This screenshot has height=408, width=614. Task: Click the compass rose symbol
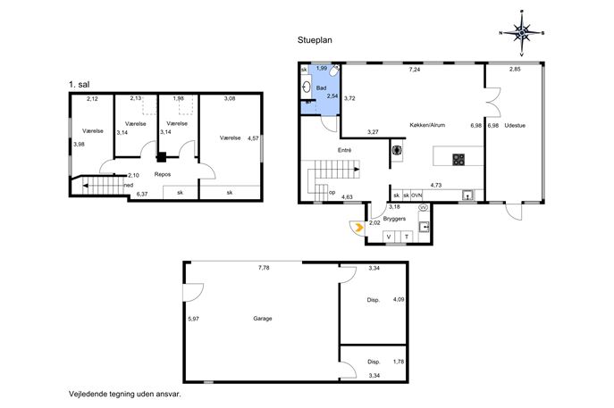click(522, 33)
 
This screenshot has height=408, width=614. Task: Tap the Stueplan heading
click(315, 40)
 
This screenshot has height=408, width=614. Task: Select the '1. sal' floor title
click(80, 84)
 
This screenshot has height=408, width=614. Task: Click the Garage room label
click(263, 319)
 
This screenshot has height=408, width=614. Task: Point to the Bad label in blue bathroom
click(321, 88)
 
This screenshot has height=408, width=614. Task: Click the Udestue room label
click(515, 126)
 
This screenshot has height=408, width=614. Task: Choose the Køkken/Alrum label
click(427, 125)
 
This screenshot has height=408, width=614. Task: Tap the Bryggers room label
click(394, 219)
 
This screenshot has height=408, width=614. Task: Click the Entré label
click(345, 150)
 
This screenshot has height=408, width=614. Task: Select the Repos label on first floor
click(163, 174)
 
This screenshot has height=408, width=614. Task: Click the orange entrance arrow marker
click(358, 227)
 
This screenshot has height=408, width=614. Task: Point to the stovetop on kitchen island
click(458, 160)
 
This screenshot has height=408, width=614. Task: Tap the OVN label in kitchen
click(416, 196)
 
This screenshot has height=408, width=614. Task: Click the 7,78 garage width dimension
click(264, 268)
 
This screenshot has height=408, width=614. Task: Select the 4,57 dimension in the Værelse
click(253, 138)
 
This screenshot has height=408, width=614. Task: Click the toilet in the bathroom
click(334, 71)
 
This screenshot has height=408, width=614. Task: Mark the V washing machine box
click(389, 237)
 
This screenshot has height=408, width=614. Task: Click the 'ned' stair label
click(129, 185)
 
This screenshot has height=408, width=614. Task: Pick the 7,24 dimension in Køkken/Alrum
click(415, 70)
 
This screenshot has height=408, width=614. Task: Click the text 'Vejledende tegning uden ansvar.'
click(125, 394)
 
